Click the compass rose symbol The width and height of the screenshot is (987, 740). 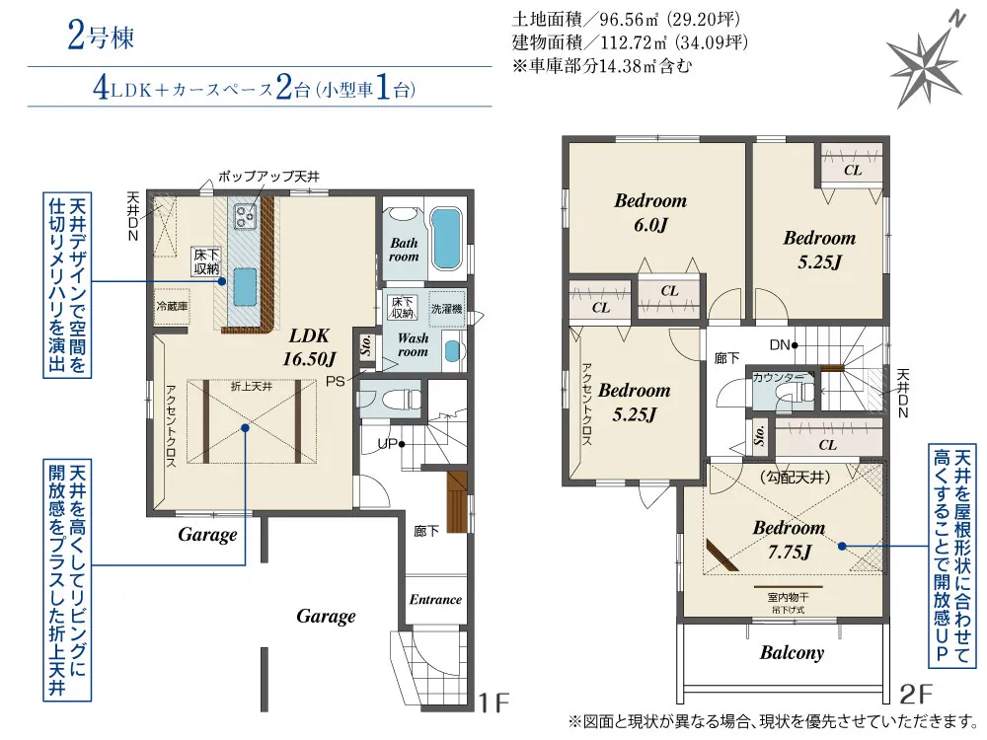[924, 60]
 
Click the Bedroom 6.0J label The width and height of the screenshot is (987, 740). [650, 212]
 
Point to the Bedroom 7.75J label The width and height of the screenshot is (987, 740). [788, 540]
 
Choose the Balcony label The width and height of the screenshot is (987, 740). [791, 652]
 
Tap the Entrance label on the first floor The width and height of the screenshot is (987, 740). [435, 599]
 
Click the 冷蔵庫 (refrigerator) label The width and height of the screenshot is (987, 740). [172, 306]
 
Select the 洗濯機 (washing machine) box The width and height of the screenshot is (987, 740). [446, 308]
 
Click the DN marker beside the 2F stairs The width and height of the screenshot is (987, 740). [783, 344]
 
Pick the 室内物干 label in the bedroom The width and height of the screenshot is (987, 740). [788, 598]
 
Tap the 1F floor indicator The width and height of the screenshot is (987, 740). [493, 703]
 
